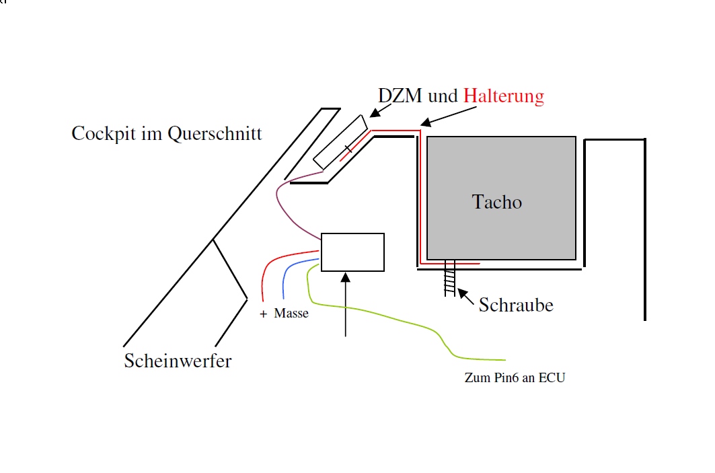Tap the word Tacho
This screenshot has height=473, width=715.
pos(497,202)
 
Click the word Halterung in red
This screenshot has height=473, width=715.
pos(504,96)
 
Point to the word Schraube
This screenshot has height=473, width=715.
pos(516,305)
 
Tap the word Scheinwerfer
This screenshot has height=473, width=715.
pos(178,361)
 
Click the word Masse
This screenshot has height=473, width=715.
pos(291,314)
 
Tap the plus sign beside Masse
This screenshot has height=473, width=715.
pos(263,314)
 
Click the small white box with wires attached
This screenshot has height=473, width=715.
pos(352,252)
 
